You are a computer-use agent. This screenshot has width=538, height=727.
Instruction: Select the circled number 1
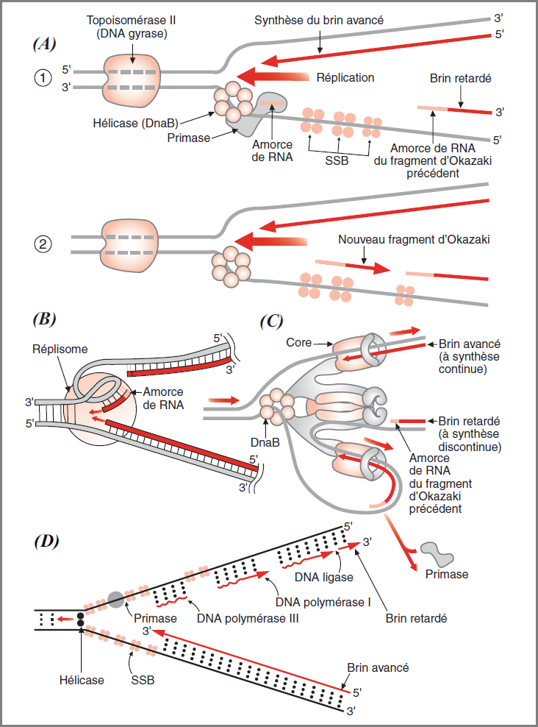tap(43, 78)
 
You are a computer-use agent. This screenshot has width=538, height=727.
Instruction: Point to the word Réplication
tap(345, 77)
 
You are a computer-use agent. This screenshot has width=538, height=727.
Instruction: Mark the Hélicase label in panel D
tap(82, 680)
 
